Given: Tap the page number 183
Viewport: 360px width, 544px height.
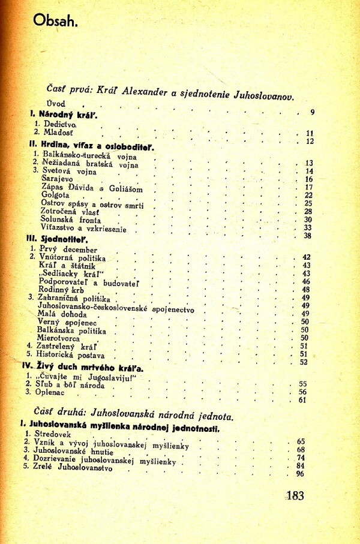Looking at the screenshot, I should [295, 495].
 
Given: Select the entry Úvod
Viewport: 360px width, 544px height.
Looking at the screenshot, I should [57, 103].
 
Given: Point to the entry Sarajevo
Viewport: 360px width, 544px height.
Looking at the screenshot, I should [56, 179].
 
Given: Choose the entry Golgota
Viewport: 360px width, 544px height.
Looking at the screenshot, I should [55, 195].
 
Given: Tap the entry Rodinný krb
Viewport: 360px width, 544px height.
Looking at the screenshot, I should [62, 290].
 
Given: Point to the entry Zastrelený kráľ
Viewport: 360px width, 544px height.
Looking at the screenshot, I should [64, 347].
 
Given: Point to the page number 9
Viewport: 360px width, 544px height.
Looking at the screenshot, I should [313, 113].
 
